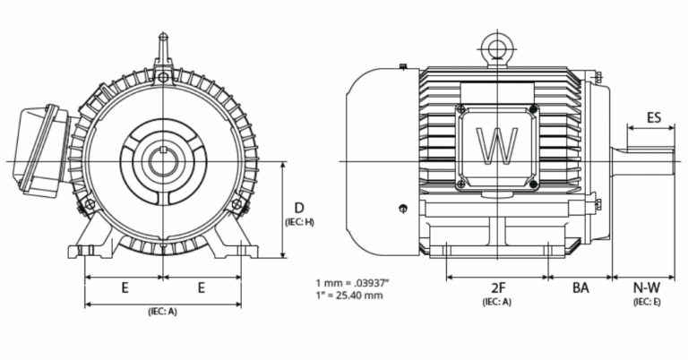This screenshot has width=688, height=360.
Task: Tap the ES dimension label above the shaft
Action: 654,117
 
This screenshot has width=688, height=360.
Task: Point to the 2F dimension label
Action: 498,287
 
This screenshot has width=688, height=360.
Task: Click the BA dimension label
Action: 580,287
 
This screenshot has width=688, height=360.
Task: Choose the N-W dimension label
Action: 646,287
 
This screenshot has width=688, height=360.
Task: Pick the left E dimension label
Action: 125,287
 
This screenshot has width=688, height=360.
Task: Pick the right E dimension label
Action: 202,287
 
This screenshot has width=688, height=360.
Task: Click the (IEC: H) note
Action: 299,221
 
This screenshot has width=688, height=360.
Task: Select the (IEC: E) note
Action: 646,302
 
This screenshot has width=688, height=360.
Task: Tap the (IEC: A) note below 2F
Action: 497,302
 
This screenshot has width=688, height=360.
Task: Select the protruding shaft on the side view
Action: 643,161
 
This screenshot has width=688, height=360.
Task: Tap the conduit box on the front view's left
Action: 36,152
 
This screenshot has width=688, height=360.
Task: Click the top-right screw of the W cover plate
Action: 533,109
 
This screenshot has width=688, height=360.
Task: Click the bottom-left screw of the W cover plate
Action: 460,184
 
